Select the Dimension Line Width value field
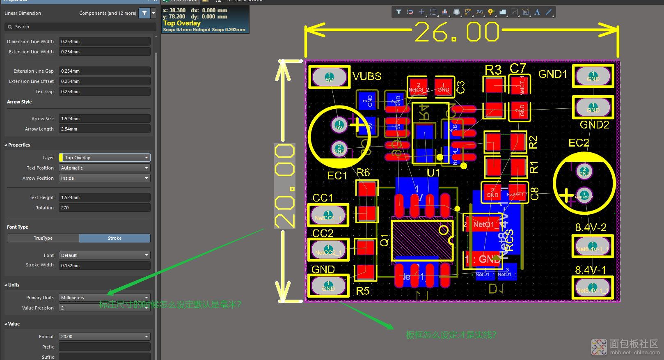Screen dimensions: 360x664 (104, 41)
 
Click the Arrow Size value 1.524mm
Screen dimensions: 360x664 (104, 119)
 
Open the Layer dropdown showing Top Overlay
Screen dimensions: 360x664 (105, 158)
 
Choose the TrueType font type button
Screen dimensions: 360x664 (43, 238)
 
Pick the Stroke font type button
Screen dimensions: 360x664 (114, 238)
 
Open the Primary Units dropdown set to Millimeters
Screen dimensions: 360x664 (105, 298)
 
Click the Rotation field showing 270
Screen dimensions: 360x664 (104, 208)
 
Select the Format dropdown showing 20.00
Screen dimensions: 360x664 (105, 337)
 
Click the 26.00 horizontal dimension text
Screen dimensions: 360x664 (456, 32)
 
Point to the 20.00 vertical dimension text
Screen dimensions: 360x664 (285, 186)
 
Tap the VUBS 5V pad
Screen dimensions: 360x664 (329, 77)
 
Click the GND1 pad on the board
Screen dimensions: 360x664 (593, 76)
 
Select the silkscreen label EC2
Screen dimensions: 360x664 (579, 143)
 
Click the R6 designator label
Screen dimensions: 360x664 (363, 172)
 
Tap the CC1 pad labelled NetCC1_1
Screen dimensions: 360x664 (328, 215)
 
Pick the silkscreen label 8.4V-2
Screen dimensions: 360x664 (591, 227)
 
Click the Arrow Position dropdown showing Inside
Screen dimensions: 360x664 (105, 178)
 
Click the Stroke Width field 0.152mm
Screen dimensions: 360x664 (104, 266)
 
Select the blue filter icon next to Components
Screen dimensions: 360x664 (144, 13)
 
